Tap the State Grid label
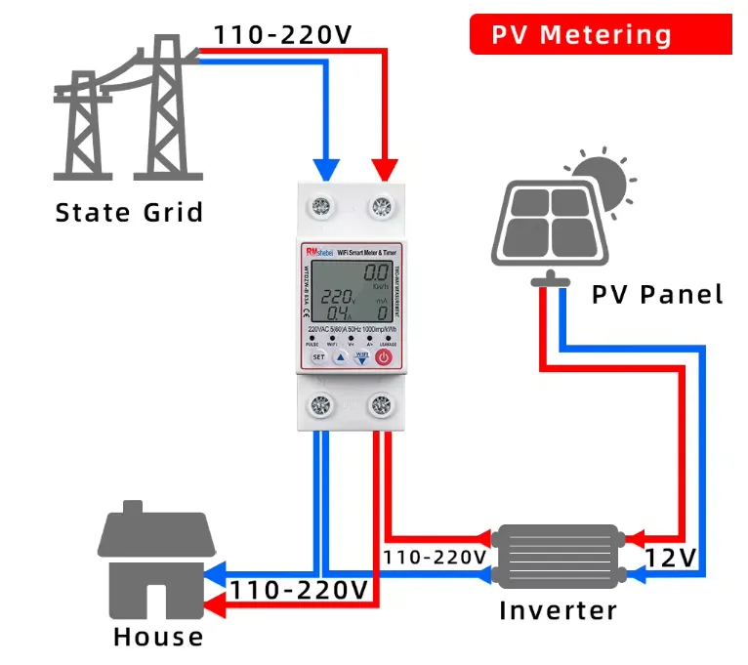129,212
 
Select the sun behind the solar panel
599,179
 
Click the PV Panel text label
657,293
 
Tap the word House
158,638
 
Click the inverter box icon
558,556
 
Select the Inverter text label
558,611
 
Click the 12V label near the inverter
670,557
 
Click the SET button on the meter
318,357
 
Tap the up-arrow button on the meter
340,357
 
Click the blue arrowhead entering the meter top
327,167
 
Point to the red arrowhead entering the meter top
384,167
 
